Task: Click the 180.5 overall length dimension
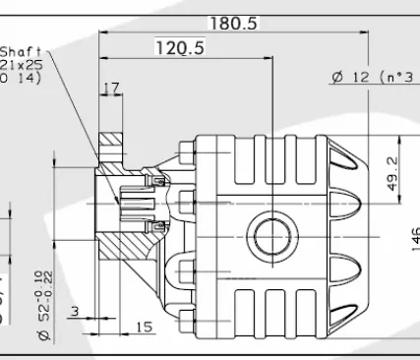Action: [232, 23]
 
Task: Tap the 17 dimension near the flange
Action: [111, 89]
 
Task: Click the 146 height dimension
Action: [414, 237]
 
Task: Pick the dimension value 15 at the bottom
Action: [145, 327]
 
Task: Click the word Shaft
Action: [21, 52]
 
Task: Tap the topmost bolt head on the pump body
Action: [187, 152]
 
